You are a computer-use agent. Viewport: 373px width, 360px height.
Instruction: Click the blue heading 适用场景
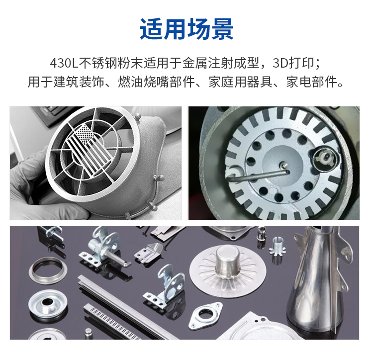[186, 29]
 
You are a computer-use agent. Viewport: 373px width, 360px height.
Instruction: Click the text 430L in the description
[64, 63]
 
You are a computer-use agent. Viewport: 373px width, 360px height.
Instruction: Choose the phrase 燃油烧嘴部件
[157, 82]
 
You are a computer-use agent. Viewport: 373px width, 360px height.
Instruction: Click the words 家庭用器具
[241, 82]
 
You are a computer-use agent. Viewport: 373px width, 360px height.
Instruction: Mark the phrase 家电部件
[312, 82]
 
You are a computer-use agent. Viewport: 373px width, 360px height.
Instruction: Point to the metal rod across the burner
[258, 175]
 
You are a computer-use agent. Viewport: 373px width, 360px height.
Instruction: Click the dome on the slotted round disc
[227, 262]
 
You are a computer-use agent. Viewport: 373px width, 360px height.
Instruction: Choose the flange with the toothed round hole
[205, 315]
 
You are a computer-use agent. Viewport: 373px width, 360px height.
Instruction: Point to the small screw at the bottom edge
[88, 333]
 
